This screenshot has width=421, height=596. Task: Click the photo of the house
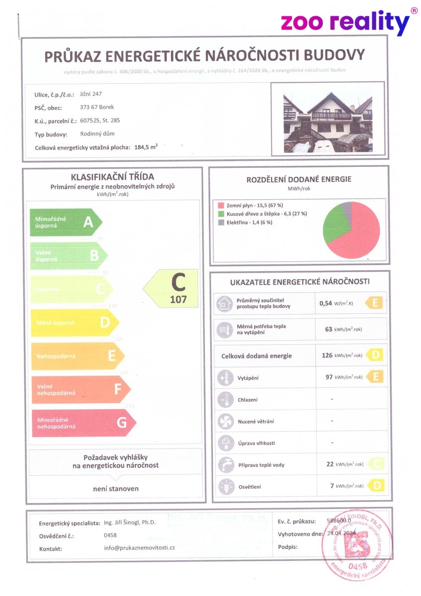click(x=328, y=121)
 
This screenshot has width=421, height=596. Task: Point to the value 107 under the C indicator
click(x=178, y=299)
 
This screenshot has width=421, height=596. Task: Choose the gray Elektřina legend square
click(x=220, y=223)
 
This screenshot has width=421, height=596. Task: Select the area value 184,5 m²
click(x=146, y=147)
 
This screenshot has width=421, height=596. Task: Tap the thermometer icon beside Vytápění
click(x=223, y=378)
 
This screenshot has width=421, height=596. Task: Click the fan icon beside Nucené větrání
click(x=223, y=422)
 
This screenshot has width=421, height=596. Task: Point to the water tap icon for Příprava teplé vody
click(x=223, y=465)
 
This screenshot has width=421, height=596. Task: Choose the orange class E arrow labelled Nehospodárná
click(x=77, y=356)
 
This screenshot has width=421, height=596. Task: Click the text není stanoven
click(x=116, y=489)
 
